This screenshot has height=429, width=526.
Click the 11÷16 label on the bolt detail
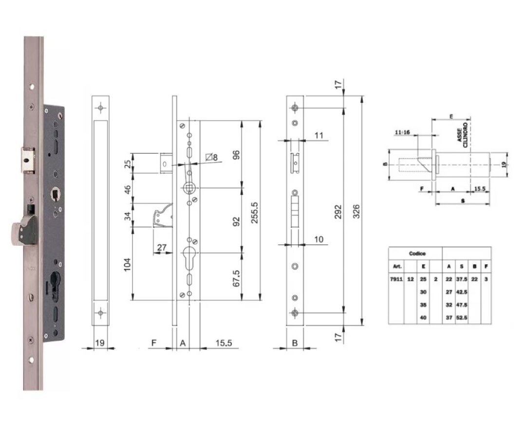pos(402,132)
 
